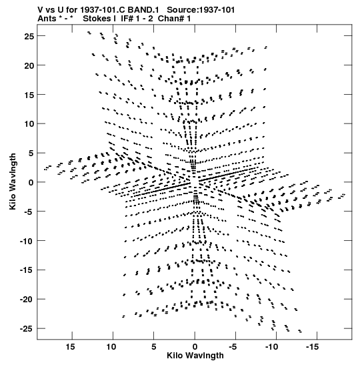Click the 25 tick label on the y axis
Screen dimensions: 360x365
29,36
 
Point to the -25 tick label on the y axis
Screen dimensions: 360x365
27,328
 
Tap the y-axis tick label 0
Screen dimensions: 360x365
31,182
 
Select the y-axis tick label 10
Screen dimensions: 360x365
29,124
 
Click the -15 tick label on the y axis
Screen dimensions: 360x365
27,270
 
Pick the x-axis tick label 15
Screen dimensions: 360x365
70,347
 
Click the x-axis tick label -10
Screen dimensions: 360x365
271,347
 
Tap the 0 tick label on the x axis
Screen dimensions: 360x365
195,347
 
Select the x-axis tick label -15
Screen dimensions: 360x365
312,347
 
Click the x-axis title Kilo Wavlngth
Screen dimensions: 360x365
195,356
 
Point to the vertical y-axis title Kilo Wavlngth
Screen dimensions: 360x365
13,181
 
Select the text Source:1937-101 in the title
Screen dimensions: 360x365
201,10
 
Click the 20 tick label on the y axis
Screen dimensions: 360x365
29,65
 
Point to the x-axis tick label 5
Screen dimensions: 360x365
154,347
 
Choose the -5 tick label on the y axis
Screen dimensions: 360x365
29,212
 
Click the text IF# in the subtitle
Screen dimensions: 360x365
127,19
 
